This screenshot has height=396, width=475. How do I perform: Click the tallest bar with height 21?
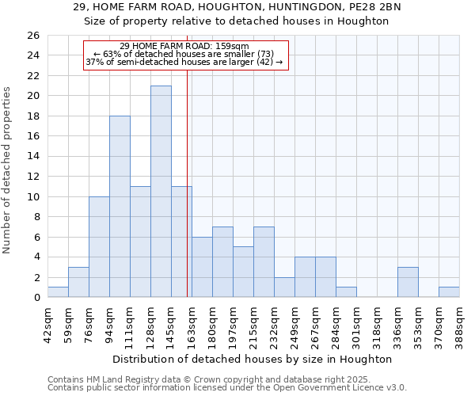(161, 192)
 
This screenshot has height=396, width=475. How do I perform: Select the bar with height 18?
(120, 207)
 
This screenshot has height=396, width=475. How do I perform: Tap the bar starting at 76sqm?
(99, 247)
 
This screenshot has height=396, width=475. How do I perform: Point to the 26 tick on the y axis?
(33, 36)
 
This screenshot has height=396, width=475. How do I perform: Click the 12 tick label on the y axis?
(33, 177)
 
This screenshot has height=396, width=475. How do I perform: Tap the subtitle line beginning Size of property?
(237, 21)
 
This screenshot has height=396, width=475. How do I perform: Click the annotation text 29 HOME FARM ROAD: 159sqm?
(184, 46)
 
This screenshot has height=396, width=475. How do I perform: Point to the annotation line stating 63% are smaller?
(184, 54)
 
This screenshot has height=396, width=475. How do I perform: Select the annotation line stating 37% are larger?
(184, 62)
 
